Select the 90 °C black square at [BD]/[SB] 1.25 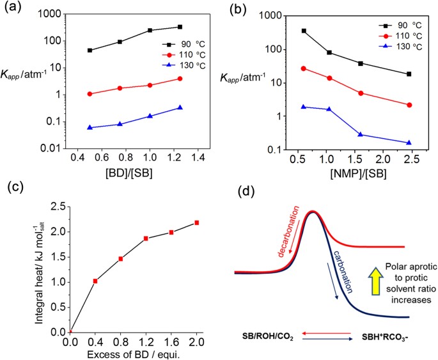coord(180,27)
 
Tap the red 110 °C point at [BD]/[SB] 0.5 coord(90,94)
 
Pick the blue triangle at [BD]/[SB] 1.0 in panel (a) coord(150,116)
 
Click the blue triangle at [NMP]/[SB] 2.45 coord(409,143)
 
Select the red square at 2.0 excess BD coord(196,223)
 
